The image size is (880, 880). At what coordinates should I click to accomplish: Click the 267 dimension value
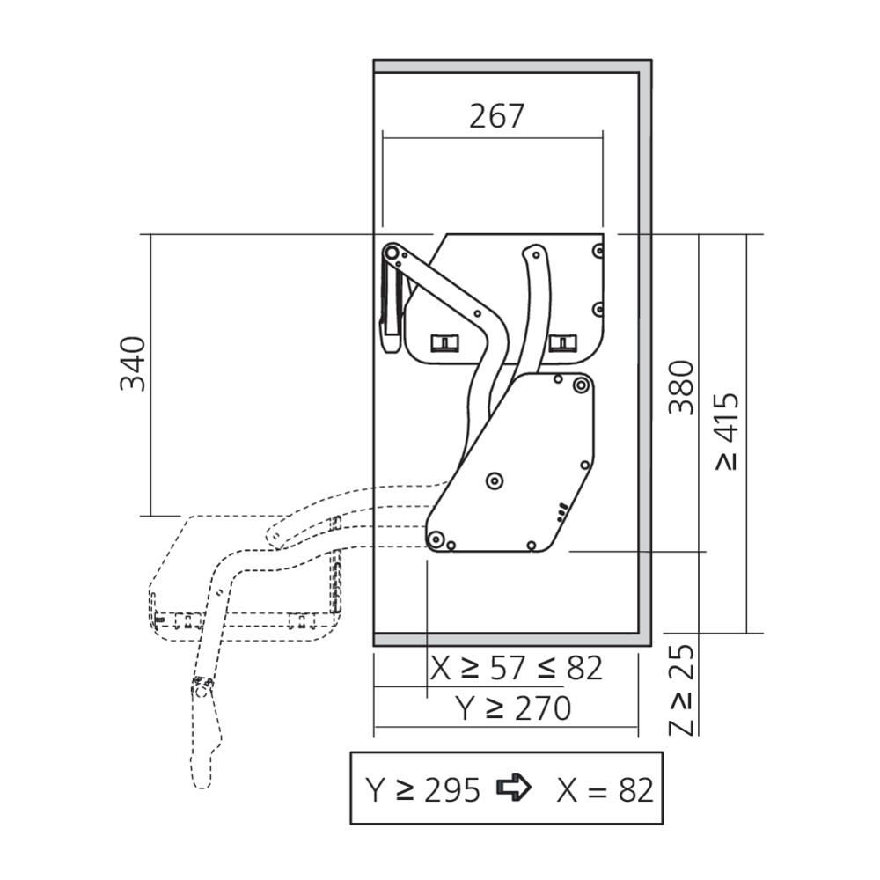[496, 116]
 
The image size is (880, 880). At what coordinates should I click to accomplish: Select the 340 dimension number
[133, 363]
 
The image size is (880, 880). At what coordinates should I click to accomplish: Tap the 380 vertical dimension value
[681, 387]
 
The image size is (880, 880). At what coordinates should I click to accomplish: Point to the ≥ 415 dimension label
[728, 431]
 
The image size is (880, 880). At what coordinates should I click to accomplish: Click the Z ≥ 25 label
[682, 690]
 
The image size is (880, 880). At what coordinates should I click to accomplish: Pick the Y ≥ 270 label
[513, 708]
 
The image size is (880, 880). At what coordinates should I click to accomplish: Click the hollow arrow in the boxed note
[514, 787]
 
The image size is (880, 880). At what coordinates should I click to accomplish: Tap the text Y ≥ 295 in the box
[423, 790]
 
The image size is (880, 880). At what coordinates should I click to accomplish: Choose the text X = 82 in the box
[605, 790]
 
